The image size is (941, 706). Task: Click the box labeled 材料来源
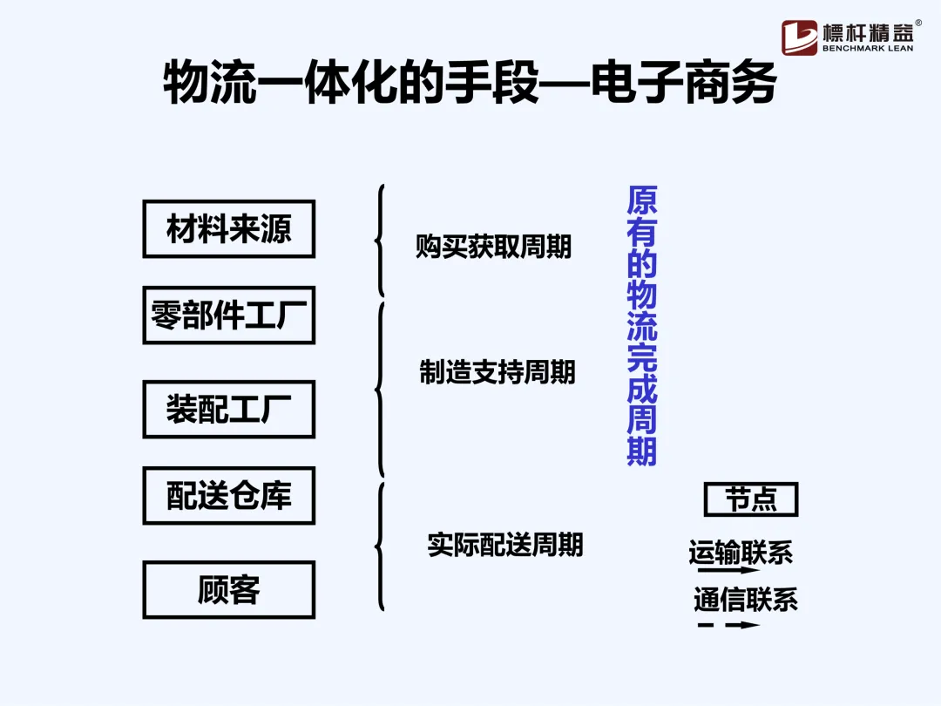point(228,229)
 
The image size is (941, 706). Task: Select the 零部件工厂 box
point(228,315)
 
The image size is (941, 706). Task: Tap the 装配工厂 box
point(228,409)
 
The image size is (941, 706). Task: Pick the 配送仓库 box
point(228,495)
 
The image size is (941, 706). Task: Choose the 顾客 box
point(228,590)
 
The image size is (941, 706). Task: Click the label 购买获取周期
point(493,247)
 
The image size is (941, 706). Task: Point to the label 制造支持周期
point(498,372)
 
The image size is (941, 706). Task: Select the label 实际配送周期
point(504,545)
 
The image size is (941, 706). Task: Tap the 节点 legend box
point(750,499)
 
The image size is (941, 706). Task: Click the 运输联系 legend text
point(741,553)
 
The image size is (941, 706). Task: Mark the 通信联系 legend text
point(745,600)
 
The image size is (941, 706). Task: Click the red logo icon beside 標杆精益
point(799,37)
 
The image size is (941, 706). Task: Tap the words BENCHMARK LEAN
point(868,49)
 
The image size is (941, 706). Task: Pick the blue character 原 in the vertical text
point(642,201)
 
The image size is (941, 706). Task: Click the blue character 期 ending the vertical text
point(642,451)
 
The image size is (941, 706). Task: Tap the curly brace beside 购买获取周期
point(380,240)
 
